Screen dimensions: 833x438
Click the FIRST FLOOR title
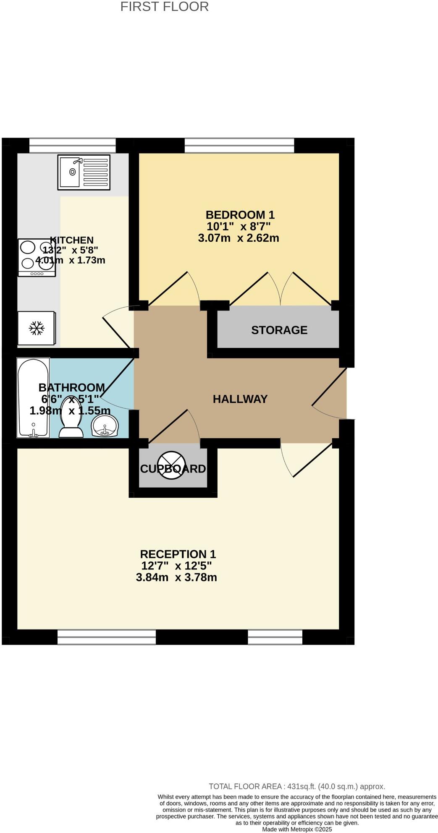click(x=164, y=7)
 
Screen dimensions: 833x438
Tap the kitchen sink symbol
click(x=84, y=172)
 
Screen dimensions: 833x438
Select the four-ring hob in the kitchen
click(x=37, y=258)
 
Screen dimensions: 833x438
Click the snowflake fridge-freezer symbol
click(x=37, y=328)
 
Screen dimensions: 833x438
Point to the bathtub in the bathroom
click(x=33, y=397)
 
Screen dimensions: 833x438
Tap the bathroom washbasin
click(x=105, y=426)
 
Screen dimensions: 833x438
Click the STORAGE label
click(x=279, y=330)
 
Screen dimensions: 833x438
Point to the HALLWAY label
click(x=240, y=399)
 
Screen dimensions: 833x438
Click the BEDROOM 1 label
click(x=240, y=215)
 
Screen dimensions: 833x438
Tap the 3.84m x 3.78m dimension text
click(x=176, y=577)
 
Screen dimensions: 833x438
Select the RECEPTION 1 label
click(x=178, y=554)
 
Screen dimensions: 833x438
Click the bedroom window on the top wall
click(x=239, y=146)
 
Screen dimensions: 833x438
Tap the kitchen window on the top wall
click(x=72, y=146)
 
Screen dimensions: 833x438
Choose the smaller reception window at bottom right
click(x=275, y=637)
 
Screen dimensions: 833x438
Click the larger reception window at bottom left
click(x=106, y=637)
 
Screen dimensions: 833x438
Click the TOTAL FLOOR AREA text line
click(x=297, y=786)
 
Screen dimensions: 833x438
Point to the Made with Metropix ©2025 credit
click(x=297, y=829)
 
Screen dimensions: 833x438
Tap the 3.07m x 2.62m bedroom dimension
click(x=238, y=238)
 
